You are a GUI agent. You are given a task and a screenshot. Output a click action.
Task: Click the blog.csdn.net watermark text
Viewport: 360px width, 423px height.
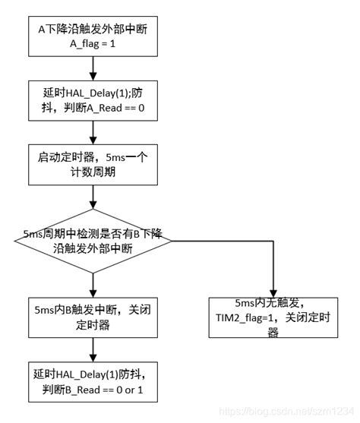[x=288, y=411]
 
